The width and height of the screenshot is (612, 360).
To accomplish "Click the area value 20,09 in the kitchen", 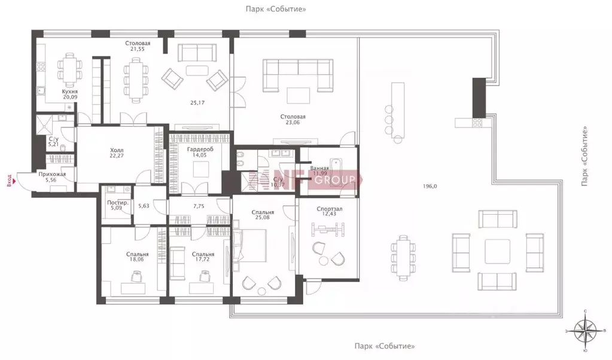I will point(70,97).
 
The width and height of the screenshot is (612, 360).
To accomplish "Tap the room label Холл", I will point(117,152).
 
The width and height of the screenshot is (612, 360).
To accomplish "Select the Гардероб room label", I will point(196,148).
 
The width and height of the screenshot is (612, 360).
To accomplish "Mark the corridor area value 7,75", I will point(199,206).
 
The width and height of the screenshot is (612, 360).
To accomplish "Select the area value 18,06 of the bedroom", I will point(138,260).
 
